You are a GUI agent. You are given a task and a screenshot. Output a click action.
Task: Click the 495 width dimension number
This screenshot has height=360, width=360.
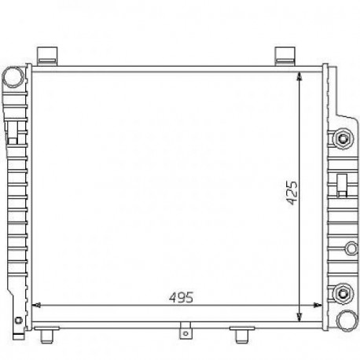click(x=181, y=297)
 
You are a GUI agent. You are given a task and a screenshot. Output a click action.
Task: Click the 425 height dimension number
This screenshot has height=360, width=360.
click(x=292, y=193)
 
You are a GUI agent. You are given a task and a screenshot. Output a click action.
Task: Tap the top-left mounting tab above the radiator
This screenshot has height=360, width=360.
click(x=47, y=55)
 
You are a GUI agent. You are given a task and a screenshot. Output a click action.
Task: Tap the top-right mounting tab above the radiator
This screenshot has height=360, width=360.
click(x=285, y=55)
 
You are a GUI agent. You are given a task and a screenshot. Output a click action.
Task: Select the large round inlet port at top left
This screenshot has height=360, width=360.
click(x=13, y=77)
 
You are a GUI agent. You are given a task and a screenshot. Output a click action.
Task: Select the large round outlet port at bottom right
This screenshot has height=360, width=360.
click(x=347, y=321)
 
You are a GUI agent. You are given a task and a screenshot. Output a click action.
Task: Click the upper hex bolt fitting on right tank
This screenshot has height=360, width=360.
click(x=343, y=138)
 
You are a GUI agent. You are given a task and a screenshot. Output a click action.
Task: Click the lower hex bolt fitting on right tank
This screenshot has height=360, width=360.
click(x=343, y=293)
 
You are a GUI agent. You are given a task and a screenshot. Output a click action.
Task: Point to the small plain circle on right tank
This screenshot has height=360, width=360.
click(x=351, y=248)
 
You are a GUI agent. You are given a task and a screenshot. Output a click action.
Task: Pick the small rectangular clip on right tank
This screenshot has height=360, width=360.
click(x=342, y=185)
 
